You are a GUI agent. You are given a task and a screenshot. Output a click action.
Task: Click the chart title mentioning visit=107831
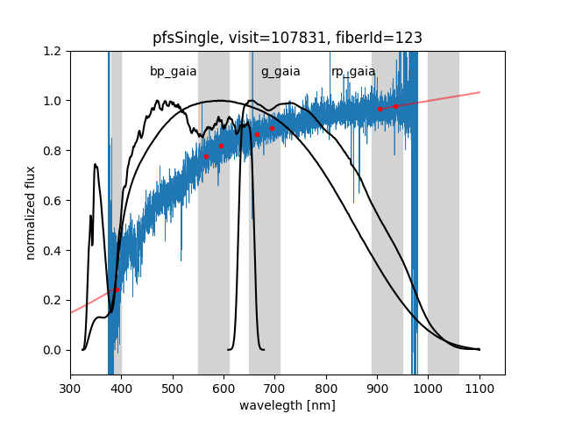click(288, 38)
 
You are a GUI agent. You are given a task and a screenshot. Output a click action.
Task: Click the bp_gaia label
click(173, 71)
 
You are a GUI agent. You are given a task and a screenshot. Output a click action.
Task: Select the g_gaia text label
click(280, 71)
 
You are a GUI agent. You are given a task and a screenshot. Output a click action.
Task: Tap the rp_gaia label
click(353, 71)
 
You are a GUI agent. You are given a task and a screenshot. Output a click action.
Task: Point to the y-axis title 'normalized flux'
click(31, 213)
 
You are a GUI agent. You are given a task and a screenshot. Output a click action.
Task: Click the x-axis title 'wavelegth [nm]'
click(288, 405)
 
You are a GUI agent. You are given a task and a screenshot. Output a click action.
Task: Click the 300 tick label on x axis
click(70, 388)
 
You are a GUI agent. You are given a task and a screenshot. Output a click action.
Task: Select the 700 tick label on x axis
click(275, 388)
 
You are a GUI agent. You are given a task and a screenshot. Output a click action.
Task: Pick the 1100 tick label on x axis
click(479, 388)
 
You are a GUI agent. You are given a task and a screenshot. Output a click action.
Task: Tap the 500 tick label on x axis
click(173, 388)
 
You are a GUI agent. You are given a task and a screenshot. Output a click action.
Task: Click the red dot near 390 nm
click(117, 289)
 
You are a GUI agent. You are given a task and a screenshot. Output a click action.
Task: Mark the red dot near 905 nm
click(380, 109)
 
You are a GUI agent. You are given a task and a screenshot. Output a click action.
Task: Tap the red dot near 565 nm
click(206, 156)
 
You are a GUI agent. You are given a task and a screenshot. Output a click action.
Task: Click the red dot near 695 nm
click(272, 128)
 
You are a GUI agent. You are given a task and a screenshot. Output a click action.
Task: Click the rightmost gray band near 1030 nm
click(444, 210)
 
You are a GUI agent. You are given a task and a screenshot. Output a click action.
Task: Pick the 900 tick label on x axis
click(377, 388)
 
